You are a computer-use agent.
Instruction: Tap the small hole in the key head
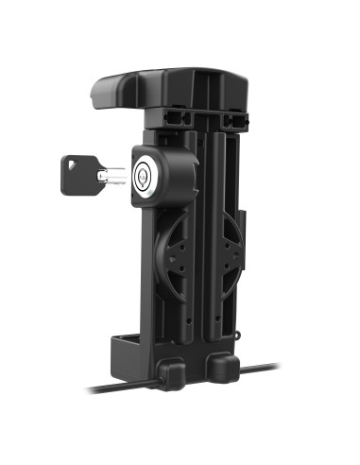73,169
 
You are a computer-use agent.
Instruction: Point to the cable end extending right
269,367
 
